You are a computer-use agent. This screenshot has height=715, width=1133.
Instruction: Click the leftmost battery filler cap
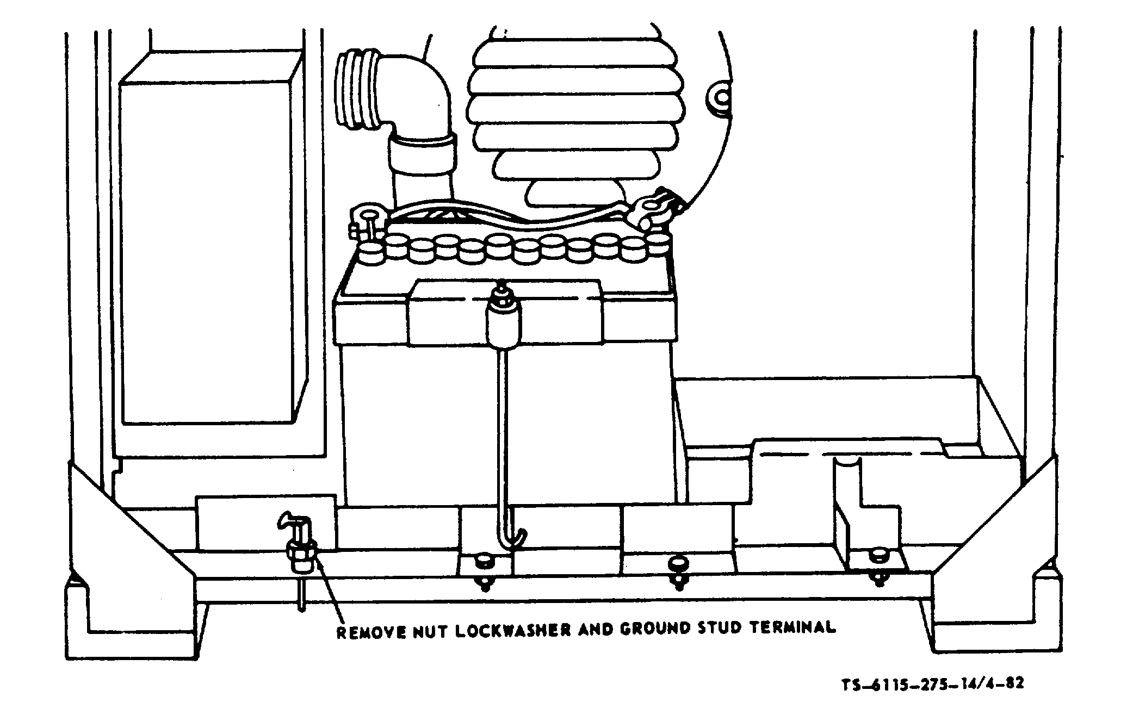pos(372,254)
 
